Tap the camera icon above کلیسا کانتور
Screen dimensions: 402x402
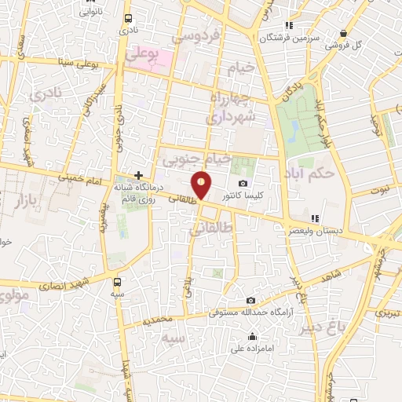pyautogui.click(x=243, y=183)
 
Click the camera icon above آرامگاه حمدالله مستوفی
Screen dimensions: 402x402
pyautogui.click(x=250, y=301)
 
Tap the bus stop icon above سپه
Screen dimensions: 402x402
pyautogui.click(x=117, y=282)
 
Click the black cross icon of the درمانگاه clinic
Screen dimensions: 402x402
pyautogui.click(x=138, y=175)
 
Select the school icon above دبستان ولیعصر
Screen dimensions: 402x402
pyautogui.click(x=315, y=218)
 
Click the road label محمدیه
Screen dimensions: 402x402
pyautogui.click(x=158, y=321)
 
